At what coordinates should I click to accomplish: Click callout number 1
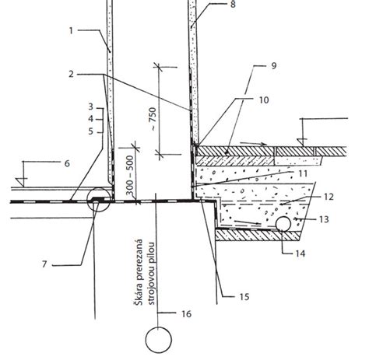pyautogui.click(x=71, y=31)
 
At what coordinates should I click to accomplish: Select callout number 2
pyautogui.click(x=71, y=74)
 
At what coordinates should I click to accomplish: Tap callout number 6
pyautogui.click(x=67, y=163)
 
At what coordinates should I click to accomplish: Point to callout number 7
pyautogui.click(x=44, y=264)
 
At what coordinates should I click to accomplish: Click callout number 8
pyautogui.click(x=233, y=5)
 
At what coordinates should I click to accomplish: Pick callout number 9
pyautogui.click(x=273, y=65)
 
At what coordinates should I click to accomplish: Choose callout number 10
pyautogui.click(x=264, y=100)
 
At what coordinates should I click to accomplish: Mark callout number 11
pyautogui.click(x=303, y=173)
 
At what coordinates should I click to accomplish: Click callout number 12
pyautogui.click(x=329, y=197)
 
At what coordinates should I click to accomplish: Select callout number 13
pyautogui.click(x=324, y=219)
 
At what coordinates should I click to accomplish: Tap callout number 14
pyautogui.click(x=300, y=253)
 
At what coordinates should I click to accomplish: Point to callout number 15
pyautogui.click(x=244, y=296)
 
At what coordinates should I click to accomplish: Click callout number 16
pyautogui.click(x=186, y=314)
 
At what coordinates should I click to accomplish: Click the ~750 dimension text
pyautogui.click(x=153, y=119)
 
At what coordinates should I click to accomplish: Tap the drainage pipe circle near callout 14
pyautogui.click(x=283, y=224)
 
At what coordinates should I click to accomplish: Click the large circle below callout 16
pyautogui.click(x=158, y=340)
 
